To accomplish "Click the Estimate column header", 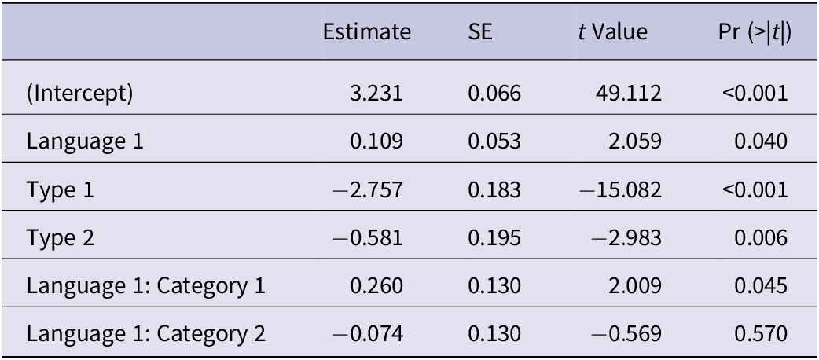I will click(367, 33).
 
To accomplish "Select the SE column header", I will click(478, 33).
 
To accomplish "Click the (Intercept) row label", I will click(80, 94).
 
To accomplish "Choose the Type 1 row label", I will click(60, 190).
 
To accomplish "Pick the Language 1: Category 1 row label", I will click(146, 286).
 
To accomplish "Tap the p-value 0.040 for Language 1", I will click(766, 142).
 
